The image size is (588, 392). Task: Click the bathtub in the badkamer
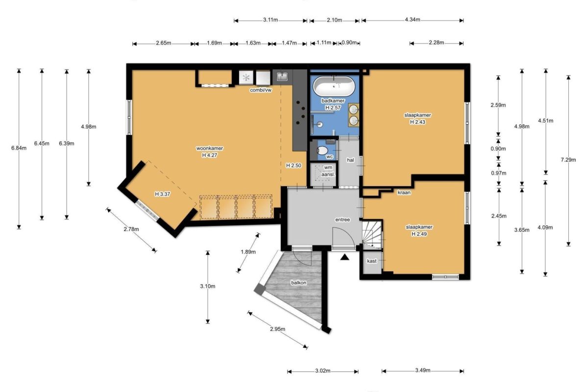tap(334, 86)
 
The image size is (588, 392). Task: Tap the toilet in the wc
tap(322, 150)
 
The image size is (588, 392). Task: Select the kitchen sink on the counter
tap(282, 76)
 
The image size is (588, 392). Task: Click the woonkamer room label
tap(210, 148)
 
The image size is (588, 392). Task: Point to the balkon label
tap(298, 283)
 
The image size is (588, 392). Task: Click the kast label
tap(372, 261)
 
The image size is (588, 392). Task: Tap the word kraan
tap(404, 193)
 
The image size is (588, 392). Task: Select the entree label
tap(343, 220)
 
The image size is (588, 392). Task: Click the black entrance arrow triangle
tap(344, 257)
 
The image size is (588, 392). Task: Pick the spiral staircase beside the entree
tap(372, 234)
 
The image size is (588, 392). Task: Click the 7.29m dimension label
tap(568, 160)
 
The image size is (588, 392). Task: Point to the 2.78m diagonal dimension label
tap(131, 229)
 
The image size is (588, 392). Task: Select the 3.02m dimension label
tap(322, 371)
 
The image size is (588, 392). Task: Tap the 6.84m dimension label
tap(19, 148)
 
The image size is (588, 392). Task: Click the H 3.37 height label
tap(162, 194)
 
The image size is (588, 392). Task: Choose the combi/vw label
tap(261, 90)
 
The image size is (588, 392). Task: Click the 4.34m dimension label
tap(413, 20)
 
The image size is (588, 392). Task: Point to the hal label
tap(350, 160)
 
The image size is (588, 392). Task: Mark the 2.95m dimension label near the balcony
tap(277, 329)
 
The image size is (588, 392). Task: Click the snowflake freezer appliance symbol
tap(246, 77)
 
